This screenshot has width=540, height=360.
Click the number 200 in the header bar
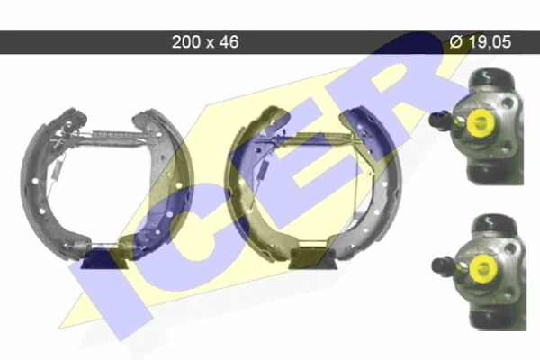(x=186, y=42)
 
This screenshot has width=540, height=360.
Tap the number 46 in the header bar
(x=229, y=42)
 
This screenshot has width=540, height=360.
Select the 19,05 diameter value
(x=490, y=42)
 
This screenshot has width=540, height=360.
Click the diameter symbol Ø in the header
(x=456, y=41)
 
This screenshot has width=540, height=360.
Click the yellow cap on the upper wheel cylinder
(x=479, y=121)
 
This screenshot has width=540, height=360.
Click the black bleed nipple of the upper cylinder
(x=439, y=120)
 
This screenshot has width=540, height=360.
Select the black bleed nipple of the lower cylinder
(x=443, y=266)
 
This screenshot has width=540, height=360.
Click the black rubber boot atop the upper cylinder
(x=492, y=78)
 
